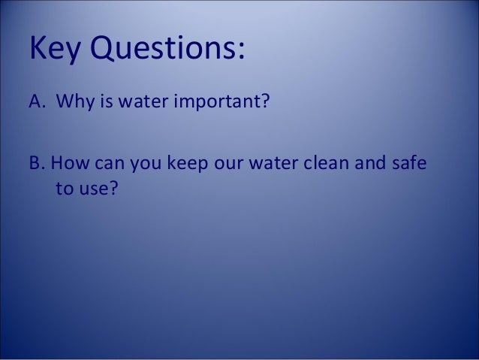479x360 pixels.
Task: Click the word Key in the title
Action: tap(55, 49)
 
